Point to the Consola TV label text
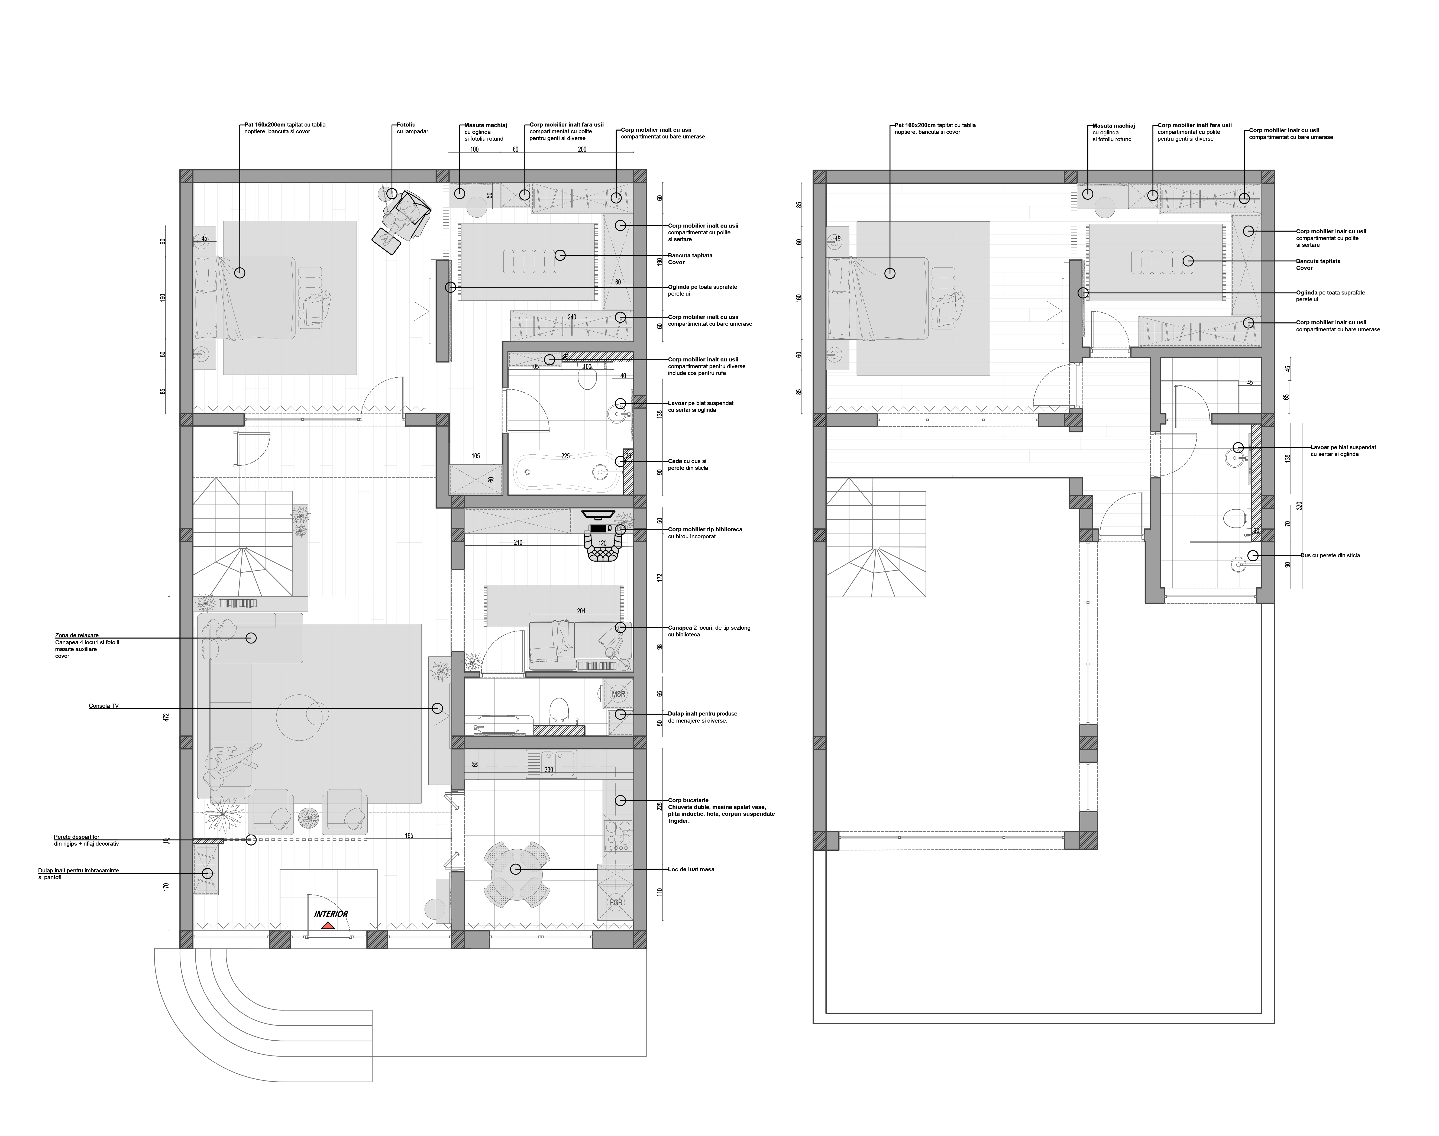click(x=104, y=706)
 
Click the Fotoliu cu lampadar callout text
click(x=412, y=128)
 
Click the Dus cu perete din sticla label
click(x=1330, y=555)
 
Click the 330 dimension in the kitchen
click(x=549, y=769)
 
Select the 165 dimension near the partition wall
click(x=409, y=835)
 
